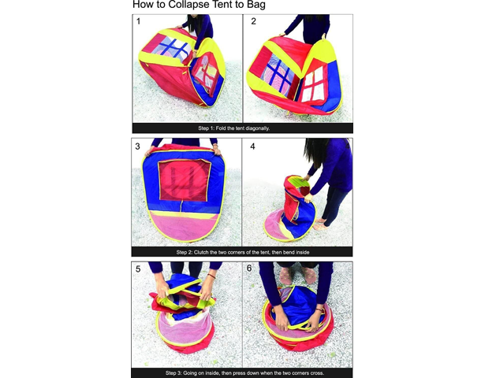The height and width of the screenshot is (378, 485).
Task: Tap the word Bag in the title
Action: click(256, 5)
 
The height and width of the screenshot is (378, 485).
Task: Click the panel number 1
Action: click(138, 21)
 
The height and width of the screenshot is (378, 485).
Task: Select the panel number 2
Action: click(253, 21)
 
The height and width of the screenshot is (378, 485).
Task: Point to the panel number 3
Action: click(138, 146)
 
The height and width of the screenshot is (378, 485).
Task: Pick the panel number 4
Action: click(252, 146)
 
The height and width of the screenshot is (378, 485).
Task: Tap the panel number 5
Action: click(138, 269)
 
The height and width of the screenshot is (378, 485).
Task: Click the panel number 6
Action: click(249, 269)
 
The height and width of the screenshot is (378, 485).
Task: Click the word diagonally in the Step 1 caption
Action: click(258, 128)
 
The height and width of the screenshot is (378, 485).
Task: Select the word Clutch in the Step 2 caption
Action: click(201, 252)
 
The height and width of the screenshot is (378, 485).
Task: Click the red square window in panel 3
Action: click(185, 180)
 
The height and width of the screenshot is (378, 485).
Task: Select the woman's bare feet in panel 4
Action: click(320, 224)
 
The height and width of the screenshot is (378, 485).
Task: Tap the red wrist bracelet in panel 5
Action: click(211, 276)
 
